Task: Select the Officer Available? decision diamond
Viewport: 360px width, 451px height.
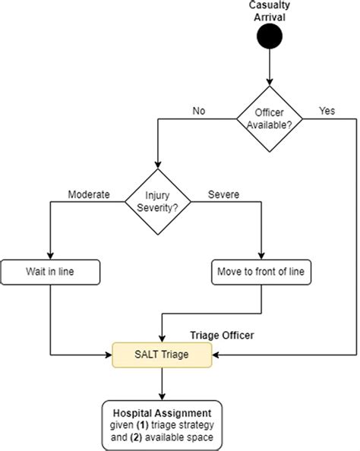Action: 269,117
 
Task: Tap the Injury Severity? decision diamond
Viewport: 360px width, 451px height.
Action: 156,202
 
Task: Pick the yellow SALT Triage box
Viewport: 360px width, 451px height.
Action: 162,354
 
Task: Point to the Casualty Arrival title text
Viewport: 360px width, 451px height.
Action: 270,11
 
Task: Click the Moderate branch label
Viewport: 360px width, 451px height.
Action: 90,194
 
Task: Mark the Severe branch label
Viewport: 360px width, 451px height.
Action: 224,194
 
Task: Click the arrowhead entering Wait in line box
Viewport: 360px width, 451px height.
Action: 50,257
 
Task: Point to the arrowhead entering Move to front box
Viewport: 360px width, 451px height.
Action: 261,257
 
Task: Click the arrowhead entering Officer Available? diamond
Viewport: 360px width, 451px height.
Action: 269,83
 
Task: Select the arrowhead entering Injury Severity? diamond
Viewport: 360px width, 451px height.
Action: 156,167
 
